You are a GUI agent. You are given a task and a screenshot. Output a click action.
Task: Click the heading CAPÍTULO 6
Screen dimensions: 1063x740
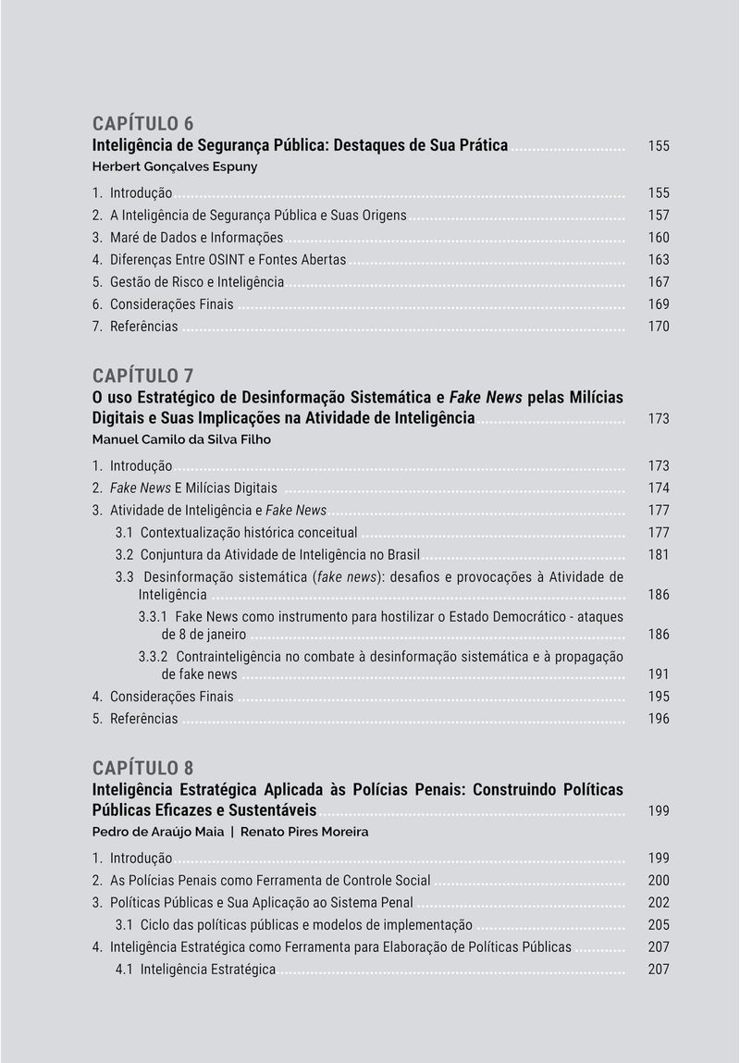click(x=142, y=124)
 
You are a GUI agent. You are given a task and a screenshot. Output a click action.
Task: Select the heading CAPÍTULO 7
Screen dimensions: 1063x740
click(x=142, y=376)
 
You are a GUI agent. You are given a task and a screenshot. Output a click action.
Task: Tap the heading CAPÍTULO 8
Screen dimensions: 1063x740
click(x=142, y=768)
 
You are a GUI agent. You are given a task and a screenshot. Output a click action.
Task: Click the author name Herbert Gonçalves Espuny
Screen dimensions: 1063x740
click(x=175, y=167)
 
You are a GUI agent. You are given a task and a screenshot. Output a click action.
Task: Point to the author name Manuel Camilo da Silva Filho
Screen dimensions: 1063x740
click(x=181, y=439)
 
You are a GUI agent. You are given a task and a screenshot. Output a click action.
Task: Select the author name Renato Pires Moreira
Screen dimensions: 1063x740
click(x=304, y=832)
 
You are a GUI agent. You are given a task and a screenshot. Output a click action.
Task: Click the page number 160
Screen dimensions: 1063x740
click(x=659, y=238)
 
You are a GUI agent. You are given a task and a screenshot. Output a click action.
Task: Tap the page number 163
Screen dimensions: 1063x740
click(x=659, y=260)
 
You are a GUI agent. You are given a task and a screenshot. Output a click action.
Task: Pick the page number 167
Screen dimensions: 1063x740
click(x=659, y=282)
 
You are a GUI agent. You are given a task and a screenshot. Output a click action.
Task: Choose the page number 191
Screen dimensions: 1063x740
click(x=659, y=674)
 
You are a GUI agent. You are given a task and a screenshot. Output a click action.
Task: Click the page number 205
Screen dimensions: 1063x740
click(x=659, y=925)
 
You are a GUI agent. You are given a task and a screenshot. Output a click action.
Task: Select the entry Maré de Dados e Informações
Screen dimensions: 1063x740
click(x=196, y=238)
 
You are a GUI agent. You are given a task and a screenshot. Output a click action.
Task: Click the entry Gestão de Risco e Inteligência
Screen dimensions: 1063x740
click(x=196, y=282)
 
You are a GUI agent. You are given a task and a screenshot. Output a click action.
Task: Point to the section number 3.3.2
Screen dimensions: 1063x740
click(x=154, y=657)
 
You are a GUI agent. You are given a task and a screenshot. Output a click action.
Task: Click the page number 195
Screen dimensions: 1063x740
click(x=659, y=697)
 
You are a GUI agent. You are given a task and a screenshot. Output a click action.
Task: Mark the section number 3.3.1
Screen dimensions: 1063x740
click(x=154, y=617)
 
